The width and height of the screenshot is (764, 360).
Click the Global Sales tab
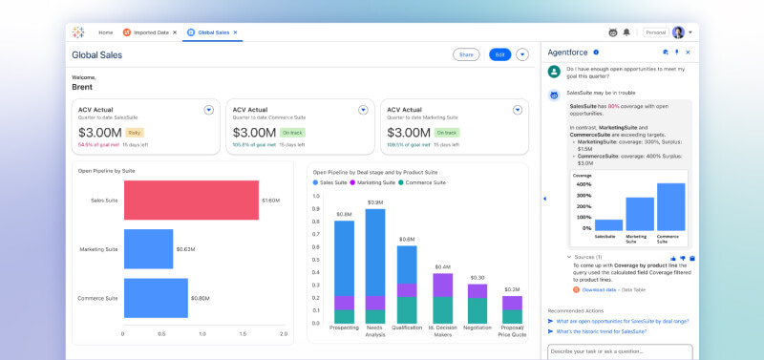point(212,32)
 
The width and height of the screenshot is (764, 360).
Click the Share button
point(465,54)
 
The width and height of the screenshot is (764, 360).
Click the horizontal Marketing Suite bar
point(148,249)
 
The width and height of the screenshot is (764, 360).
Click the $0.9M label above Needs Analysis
point(375,202)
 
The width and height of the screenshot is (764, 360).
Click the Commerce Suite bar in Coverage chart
point(671,206)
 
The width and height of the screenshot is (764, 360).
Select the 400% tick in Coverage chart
point(582,184)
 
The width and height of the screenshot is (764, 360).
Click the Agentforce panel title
point(567,53)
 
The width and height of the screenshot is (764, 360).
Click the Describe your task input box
point(626,350)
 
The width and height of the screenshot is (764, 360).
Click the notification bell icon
point(626,32)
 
